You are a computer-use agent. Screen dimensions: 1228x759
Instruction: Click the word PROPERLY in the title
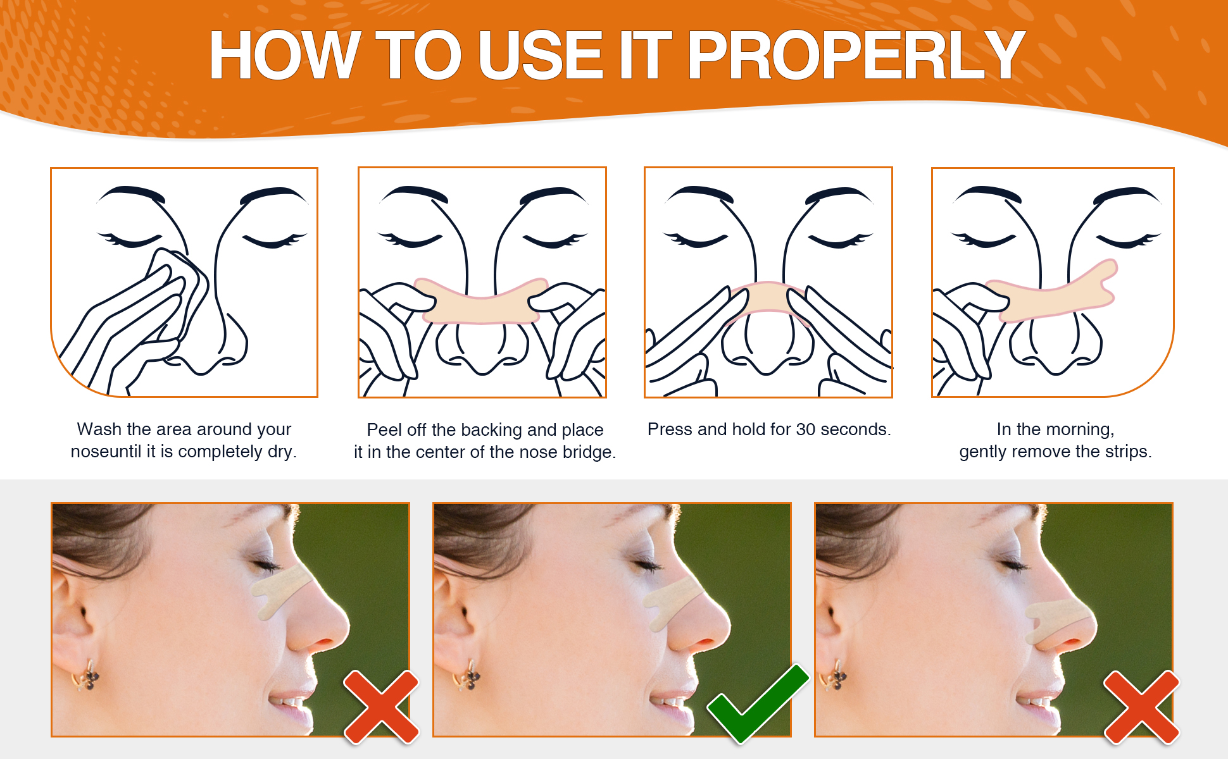point(856,56)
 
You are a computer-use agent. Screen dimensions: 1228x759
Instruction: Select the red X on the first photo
point(381,707)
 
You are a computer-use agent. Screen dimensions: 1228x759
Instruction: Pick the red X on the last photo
point(1142,707)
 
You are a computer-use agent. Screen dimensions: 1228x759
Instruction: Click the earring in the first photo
point(86,676)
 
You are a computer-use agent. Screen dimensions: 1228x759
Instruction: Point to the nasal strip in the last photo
point(1057,619)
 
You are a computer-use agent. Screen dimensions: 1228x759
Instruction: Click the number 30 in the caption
point(806,429)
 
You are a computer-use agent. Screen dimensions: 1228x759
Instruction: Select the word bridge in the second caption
point(589,453)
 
